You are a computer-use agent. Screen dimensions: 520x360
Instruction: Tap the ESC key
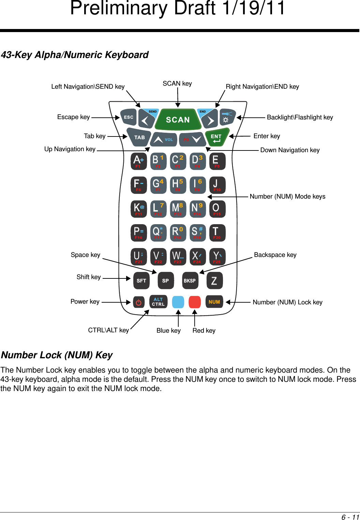coord(129,117)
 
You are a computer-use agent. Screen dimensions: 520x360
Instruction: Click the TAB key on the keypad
coord(139,137)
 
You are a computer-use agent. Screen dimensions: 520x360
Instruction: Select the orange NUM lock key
coord(214,302)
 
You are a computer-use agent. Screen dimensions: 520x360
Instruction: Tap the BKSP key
coord(190,280)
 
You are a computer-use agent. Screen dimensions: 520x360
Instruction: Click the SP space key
coord(165,280)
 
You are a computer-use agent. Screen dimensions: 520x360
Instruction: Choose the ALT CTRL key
coord(158,302)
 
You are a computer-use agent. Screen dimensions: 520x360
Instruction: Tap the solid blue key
coord(178,302)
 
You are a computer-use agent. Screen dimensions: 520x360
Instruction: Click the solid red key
coord(195,302)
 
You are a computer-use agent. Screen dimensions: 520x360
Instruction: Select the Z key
coord(214,280)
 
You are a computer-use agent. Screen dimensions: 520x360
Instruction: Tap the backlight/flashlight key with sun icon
coord(227,117)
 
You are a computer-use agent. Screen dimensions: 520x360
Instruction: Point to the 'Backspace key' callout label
coord(275,255)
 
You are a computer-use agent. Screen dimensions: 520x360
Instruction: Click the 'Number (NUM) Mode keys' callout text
coord(287,197)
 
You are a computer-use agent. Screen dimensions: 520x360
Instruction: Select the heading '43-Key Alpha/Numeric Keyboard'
coord(75,55)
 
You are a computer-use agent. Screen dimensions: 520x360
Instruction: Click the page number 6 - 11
coord(350,517)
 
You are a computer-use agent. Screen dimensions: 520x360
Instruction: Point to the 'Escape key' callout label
coord(73,117)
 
